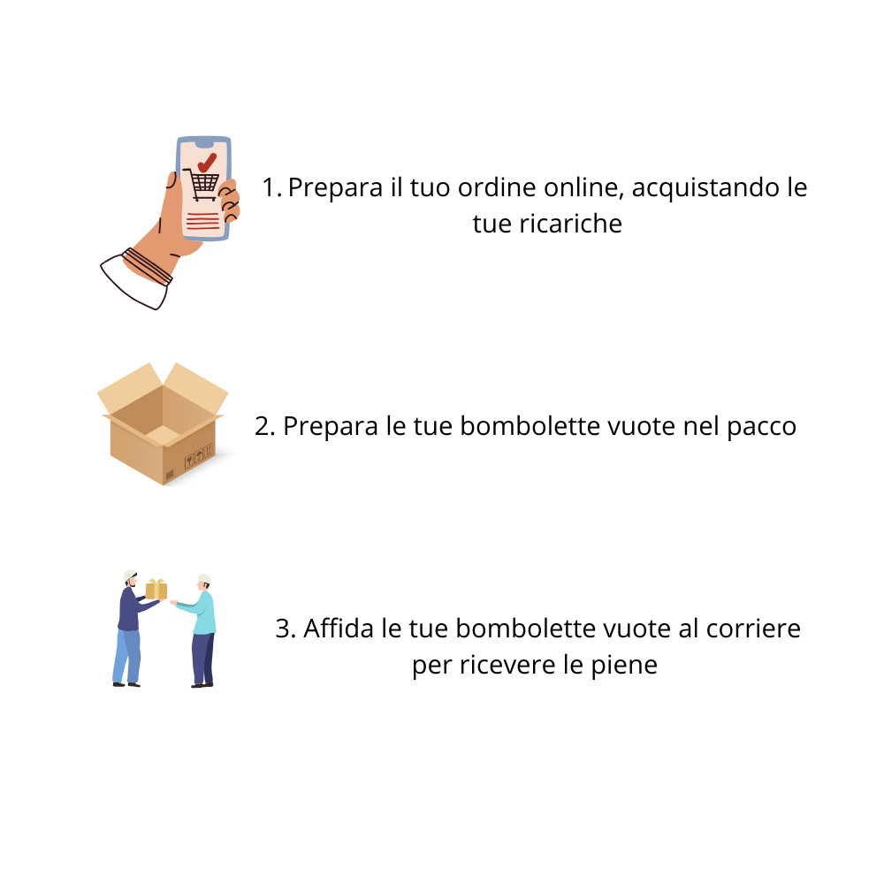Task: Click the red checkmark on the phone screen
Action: pos(207,163)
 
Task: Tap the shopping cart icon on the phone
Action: pos(202,185)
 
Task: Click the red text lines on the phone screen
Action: pos(203,221)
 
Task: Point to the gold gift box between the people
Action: pos(156,589)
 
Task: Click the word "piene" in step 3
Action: pos(624,666)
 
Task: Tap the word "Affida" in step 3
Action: pos(339,628)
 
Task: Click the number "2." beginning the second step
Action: pos(265,426)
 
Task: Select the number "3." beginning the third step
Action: pos(286,629)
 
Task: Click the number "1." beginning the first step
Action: pos(271,187)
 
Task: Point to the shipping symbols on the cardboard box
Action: pos(199,457)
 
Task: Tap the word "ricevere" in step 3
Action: pos(507,665)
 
